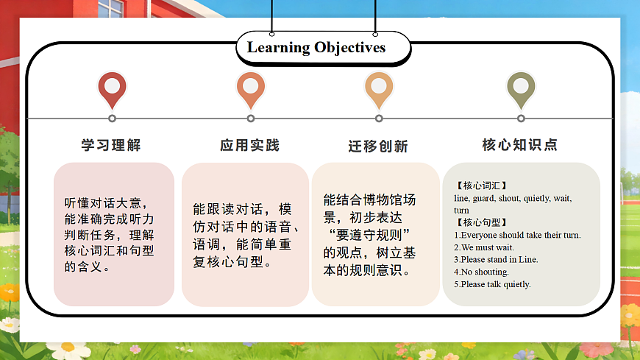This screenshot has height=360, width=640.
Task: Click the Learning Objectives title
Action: (316, 48)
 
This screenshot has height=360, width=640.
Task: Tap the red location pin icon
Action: (112, 89)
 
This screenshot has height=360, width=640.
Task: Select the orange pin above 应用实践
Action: (250, 89)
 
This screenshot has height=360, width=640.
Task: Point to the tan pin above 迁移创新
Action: (379, 89)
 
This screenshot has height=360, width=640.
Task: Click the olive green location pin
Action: (521, 89)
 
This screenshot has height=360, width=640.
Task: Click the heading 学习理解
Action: (111, 145)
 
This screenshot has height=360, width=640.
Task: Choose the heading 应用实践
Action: (250, 145)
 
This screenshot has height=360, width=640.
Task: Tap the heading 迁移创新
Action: (378, 146)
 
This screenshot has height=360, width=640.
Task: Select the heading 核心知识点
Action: (520, 145)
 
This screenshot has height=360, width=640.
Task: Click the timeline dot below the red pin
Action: (112, 119)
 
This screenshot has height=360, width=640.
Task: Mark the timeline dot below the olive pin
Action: (521, 119)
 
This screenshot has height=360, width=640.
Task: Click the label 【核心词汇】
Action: (481, 186)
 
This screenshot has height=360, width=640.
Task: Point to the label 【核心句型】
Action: (481, 222)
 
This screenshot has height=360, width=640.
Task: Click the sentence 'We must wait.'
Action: (484, 247)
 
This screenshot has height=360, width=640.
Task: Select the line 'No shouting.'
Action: (481, 272)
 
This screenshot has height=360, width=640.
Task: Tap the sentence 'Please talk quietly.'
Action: (492, 284)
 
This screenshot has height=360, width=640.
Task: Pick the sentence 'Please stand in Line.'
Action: (496, 259)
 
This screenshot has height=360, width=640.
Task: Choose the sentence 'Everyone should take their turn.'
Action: (517, 235)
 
